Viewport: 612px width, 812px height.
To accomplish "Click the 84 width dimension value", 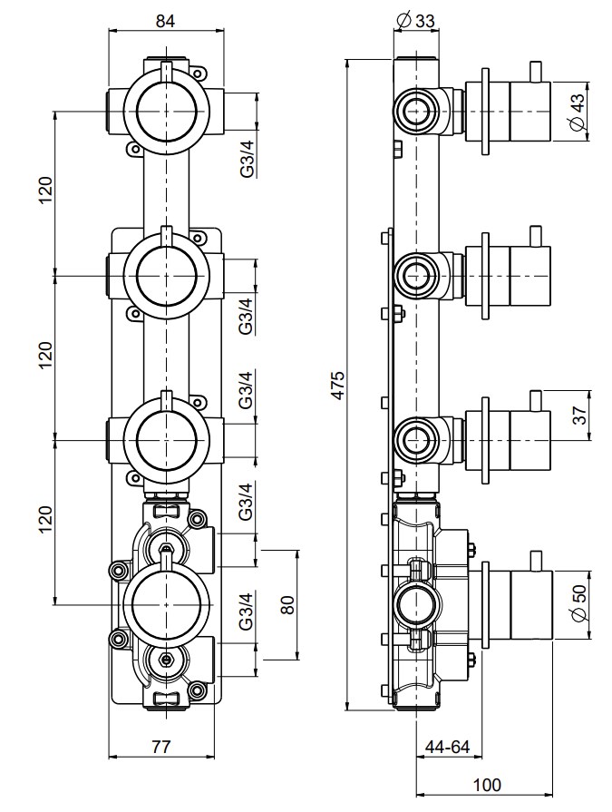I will pos(166,19).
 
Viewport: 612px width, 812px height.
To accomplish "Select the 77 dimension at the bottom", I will pos(160,747).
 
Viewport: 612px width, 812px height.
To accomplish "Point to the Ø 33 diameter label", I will pos(417,19).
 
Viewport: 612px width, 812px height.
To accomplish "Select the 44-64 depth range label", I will pos(447,747).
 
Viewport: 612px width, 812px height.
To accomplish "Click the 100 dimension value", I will pos(487,785).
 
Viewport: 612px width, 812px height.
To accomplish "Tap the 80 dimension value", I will pos(287,604).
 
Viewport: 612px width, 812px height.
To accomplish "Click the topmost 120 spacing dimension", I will pos(46,191).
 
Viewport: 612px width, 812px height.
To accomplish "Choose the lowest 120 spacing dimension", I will pos(46,517).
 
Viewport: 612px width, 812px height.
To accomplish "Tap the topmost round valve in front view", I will pos(166,111).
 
